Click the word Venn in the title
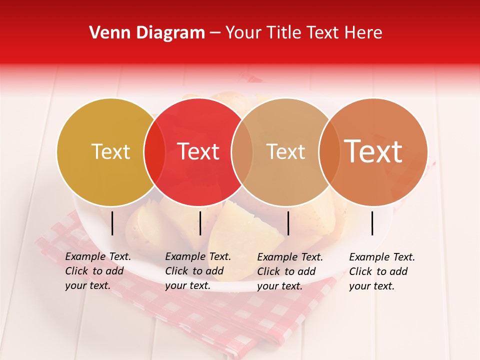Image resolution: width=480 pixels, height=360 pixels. point(106,33)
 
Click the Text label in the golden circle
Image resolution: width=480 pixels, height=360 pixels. point(110,151)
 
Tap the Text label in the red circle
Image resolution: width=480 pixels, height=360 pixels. point(198,151)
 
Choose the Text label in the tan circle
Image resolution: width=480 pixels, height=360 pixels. point(285,151)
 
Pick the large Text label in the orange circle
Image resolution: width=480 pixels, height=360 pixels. point(373,151)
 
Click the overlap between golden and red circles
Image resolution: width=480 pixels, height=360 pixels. point(154,151)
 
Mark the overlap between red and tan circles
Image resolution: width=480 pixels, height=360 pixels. point(242,151)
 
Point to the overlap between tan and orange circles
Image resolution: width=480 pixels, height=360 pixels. point(329,151)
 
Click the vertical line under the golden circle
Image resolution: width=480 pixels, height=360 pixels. point(112,223)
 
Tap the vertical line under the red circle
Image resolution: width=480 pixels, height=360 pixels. point(200,223)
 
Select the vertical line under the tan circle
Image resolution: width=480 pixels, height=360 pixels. point(288,223)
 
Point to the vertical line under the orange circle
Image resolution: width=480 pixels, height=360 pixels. point(372,223)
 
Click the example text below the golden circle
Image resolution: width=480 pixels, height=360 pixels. point(97,271)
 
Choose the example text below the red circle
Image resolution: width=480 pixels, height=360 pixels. point(197,271)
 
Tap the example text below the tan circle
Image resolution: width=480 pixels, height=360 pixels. point(289,271)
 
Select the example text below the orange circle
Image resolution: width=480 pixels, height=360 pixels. point(381,271)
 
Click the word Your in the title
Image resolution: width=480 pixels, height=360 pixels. point(244,33)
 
